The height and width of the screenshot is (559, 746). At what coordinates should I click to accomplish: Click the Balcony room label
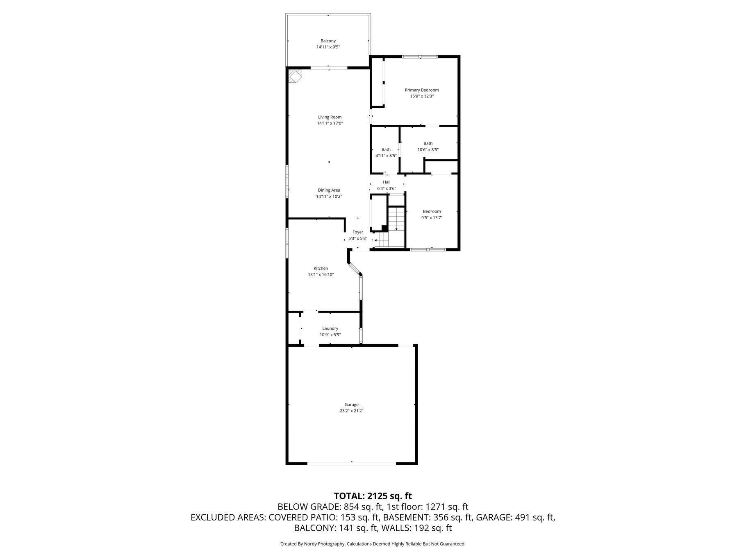pos(328,41)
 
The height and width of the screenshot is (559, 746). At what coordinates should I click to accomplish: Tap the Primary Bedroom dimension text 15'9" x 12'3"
pos(422,96)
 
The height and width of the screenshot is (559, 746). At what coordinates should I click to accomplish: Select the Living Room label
pos(330,117)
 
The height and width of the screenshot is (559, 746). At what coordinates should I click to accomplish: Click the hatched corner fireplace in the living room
pos(294,76)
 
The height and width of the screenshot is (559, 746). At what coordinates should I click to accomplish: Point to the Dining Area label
pos(329,190)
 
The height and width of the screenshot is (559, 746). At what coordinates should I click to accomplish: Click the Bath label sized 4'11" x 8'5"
pos(386,149)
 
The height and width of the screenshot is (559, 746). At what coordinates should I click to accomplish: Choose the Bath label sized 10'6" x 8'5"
pos(428,143)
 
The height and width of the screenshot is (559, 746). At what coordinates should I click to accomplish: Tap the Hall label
pos(387,182)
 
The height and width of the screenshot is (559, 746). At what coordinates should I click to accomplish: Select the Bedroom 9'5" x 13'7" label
pos(432,211)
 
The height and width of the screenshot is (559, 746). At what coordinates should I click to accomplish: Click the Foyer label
pos(357,232)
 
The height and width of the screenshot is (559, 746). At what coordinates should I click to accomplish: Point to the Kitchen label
pos(321,269)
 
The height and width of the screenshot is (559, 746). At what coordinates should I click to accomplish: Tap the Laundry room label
pos(330,328)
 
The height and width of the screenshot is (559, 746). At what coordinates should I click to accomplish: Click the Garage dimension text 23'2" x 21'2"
pos(351,411)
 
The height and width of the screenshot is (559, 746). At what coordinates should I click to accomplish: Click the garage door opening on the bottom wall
pos(351,463)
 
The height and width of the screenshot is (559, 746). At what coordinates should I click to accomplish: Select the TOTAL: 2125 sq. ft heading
pos(373,496)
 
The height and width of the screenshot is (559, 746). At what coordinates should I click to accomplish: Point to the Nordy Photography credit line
pos(373,544)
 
